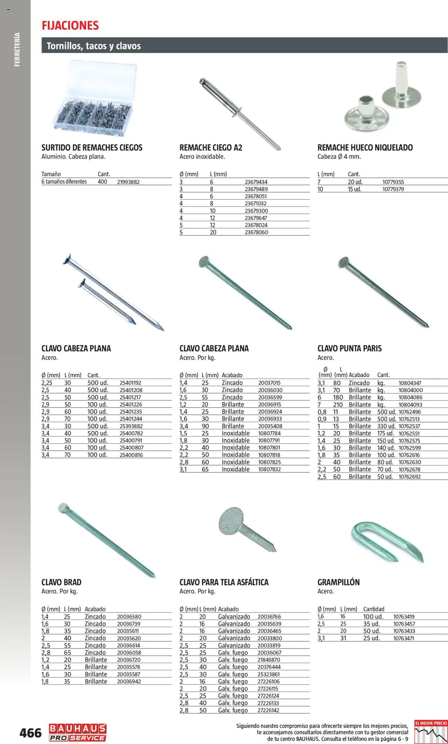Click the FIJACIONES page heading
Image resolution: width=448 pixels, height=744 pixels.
coord(70,26)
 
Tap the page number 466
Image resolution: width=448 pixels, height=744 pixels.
coord(30,732)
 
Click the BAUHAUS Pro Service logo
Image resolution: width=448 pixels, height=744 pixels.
coord(77,732)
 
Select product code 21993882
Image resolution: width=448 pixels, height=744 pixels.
coord(128,182)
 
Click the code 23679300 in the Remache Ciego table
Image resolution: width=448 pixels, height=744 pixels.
coord(256,211)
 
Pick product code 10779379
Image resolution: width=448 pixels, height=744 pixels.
coord(393,189)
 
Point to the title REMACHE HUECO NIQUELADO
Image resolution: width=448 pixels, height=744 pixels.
coord(365,148)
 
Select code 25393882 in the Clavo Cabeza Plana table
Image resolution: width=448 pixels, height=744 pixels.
coord(131,426)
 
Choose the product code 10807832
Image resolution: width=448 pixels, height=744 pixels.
coord(269,469)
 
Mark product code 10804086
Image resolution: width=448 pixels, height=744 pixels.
coord(410,397)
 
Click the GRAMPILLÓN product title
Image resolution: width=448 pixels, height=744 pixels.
coord(338,582)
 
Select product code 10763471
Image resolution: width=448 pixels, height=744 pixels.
coord(404,638)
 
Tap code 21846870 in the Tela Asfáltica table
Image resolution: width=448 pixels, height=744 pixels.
coord(268,660)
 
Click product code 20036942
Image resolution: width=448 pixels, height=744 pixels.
coord(129,681)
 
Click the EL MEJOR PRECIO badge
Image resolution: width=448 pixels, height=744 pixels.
coord(430,731)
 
